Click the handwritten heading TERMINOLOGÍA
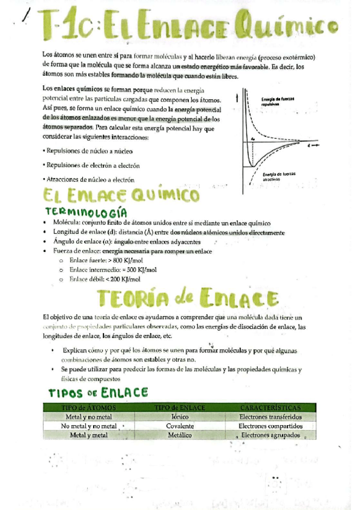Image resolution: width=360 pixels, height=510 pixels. pos(87,212)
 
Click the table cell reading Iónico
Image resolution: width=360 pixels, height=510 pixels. pos(180,416)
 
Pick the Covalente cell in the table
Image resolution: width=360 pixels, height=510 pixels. pos(180,426)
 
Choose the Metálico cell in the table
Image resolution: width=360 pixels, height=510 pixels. pos(180,435)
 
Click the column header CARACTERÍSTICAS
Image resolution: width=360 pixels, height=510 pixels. pos(270,407)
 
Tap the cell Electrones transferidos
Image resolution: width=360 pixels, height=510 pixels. pos(270,416)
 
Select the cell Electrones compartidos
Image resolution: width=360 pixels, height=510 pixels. pos(270,426)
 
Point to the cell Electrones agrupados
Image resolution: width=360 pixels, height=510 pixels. pos(270,435)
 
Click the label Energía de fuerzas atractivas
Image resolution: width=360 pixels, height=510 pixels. pos(278,176)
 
